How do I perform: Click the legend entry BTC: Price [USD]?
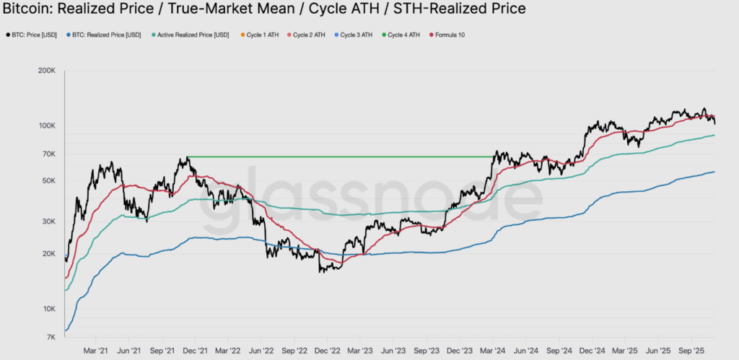35,35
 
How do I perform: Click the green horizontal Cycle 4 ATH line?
339,157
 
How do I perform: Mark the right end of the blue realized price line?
714,172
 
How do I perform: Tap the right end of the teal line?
714,136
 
